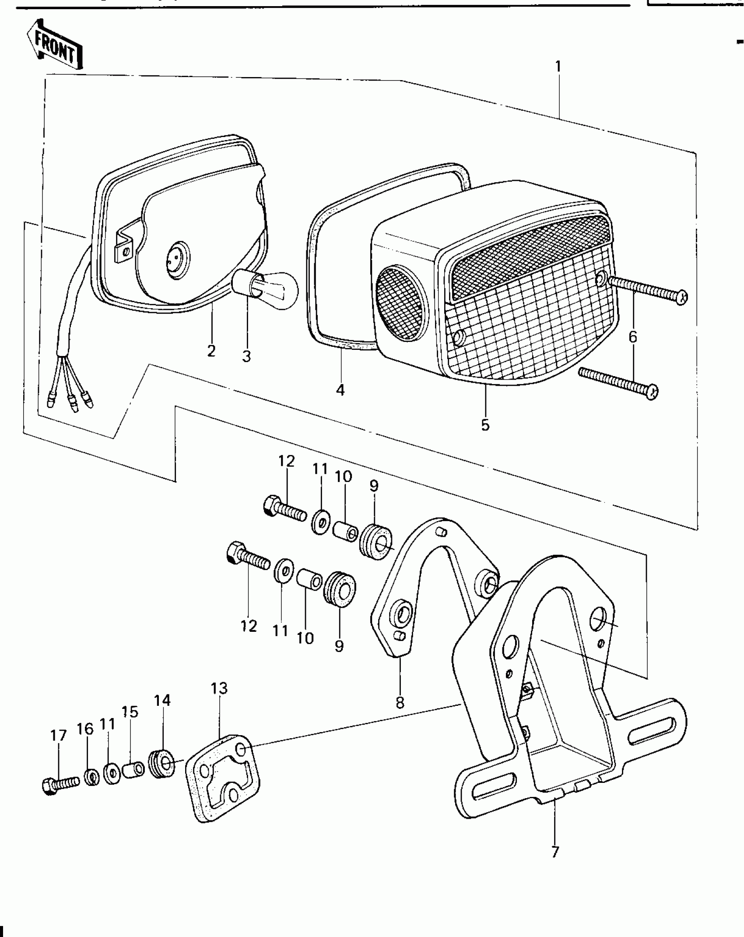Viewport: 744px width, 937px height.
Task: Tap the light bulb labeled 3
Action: (x=266, y=289)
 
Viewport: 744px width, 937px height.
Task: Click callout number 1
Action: (x=558, y=67)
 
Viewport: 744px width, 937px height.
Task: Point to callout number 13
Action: (x=219, y=689)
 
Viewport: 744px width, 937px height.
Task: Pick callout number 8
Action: (x=400, y=703)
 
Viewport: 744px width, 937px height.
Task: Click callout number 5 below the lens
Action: (x=485, y=425)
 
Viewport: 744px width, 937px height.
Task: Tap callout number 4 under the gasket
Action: (x=340, y=390)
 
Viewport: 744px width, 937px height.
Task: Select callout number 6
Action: (x=633, y=337)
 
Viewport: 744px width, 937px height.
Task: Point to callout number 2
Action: (x=211, y=351)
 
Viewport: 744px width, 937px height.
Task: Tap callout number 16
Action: (x=85, y=729)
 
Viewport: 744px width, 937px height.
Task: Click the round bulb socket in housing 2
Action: (x=177, y=259)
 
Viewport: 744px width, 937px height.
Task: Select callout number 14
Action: (x=162, y=701)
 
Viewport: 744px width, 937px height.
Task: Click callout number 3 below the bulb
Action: (x=246, y=356)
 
